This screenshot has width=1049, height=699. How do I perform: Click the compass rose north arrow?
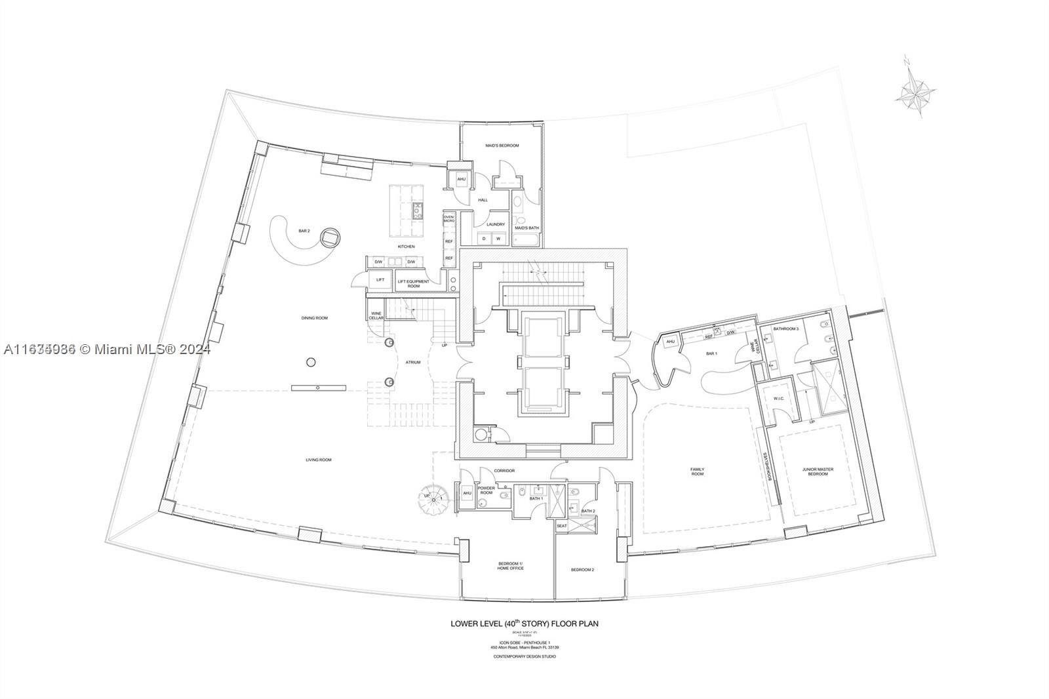915,91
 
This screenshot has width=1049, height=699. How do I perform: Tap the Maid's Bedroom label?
502,146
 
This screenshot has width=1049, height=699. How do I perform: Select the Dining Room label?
314,318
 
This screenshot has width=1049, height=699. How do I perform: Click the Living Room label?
318,460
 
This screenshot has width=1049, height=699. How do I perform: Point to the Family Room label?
697,471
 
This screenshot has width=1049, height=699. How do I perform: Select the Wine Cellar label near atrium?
376,315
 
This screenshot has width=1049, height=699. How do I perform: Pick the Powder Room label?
486,490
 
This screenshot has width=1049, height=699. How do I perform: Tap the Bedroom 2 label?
582,570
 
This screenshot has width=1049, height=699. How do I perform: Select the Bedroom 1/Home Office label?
511,566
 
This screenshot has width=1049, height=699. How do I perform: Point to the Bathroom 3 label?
785,329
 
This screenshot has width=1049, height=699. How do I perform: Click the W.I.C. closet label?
779,398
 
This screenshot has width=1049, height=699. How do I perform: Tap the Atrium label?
413,362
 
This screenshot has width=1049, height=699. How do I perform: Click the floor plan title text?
524,624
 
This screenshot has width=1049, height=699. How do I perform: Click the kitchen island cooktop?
418,210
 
